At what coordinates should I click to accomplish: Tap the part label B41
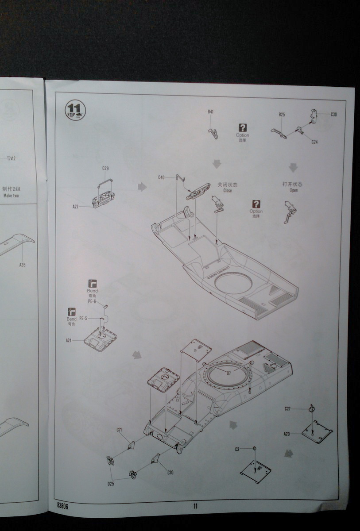tap(210, 112)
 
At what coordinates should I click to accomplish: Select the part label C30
tap(333, 114)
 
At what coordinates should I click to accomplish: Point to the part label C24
tap(314, 142)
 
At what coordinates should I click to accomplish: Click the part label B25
tap(282, 115)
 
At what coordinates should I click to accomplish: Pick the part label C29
tap(105, 168)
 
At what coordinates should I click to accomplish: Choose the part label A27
tap(76, 207)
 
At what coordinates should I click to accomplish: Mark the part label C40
tap(161, 177)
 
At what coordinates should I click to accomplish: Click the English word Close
tap(228, 191)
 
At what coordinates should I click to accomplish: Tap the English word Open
tap(293, 190)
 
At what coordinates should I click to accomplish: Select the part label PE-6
tap(92, 301)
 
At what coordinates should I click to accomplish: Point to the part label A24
tap(69, 341)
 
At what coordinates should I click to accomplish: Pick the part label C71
tap(119, 430)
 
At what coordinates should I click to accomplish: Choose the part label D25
tap(111, 484)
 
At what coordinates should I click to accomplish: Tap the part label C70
tap(170, 473)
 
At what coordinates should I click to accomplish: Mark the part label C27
tap(287, 408)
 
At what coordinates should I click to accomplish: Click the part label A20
tap(286, 434)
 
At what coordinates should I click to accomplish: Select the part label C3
tap(237, 449)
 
